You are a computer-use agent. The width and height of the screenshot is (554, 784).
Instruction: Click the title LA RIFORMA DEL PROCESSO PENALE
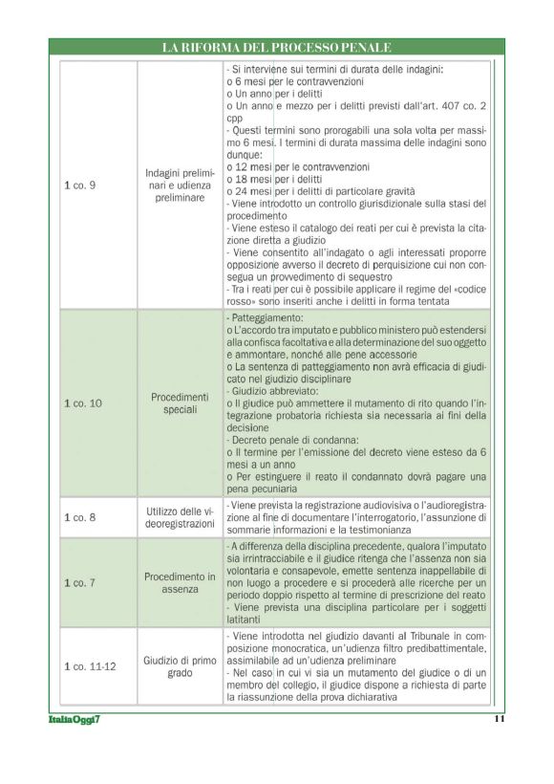(276, 47)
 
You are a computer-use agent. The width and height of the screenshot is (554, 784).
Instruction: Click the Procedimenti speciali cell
(180, 403)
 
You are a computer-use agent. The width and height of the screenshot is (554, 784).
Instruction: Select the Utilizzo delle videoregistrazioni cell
(180, 517)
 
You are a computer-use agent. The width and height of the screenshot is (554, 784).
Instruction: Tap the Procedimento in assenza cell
(180, 582)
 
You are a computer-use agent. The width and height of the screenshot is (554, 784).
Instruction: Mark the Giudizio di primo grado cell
(180, 665)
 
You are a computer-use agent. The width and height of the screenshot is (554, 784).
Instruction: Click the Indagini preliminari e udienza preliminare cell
(180, 185)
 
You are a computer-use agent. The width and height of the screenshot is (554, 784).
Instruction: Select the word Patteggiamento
(268, 317)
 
